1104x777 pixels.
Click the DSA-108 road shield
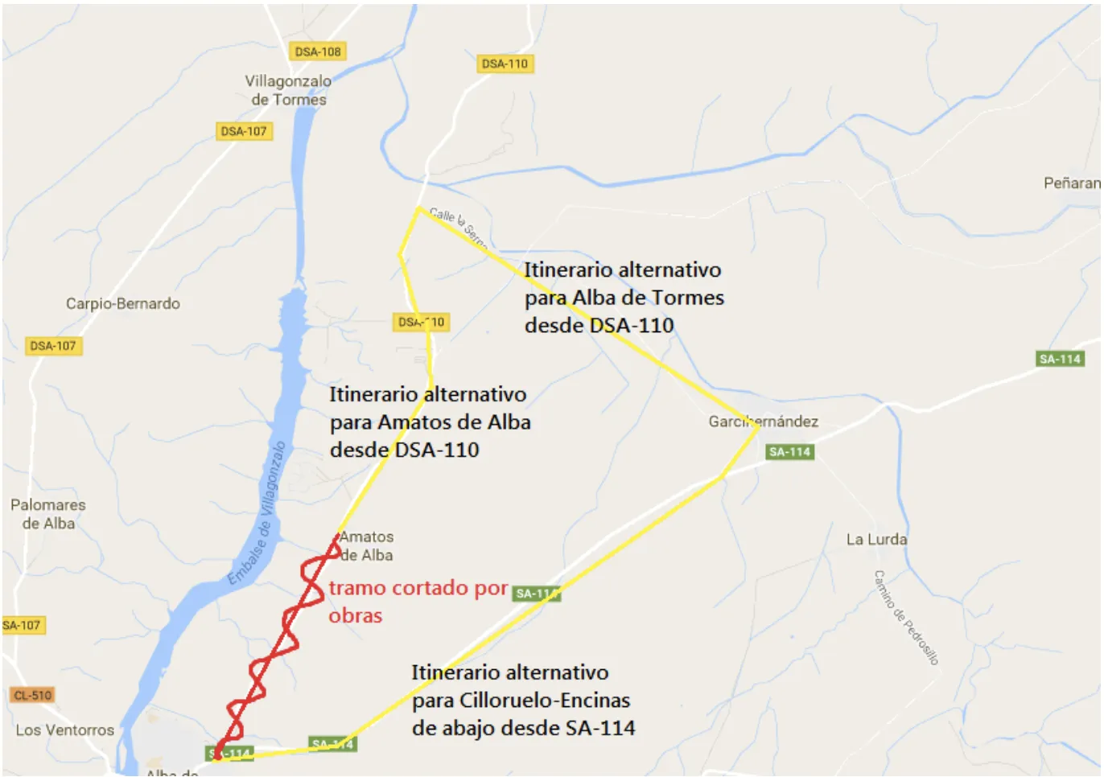point(318,51)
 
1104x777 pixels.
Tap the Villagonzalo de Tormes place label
point(288,90)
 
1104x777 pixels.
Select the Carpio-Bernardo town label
point(123,303)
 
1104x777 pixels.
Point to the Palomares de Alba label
point(48,514)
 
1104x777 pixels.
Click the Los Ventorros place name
point(65,730)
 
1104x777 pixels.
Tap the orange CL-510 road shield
point(32,695)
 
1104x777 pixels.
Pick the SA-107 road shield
point(22,625)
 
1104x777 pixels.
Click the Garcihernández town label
point(763,421)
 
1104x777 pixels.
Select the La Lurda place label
point(876,539)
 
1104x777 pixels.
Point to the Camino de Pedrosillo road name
point(906,617)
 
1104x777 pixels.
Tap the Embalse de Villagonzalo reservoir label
point(257,514)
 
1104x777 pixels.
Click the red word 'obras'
point(355,616)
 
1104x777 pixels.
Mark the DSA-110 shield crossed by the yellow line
point(421,322)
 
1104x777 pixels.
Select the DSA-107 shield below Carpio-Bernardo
point(53,346)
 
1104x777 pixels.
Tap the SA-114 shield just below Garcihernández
point(789,452)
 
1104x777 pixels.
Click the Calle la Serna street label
point(458,226)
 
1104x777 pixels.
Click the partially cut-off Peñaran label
point(1071,183)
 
